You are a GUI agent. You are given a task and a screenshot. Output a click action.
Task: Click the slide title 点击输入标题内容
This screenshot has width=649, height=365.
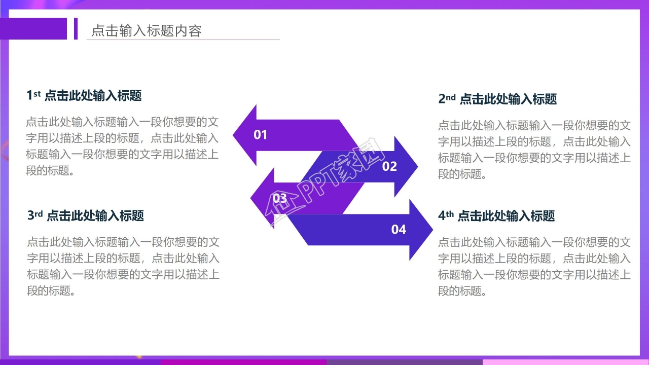146,31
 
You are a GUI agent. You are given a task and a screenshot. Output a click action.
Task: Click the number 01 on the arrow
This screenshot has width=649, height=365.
260,135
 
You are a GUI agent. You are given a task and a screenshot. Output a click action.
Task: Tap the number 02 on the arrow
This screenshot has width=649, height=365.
389,166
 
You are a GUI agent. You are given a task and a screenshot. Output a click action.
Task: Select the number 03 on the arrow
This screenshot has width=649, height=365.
280,198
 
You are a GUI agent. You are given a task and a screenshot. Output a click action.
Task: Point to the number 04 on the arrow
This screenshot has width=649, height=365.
399,230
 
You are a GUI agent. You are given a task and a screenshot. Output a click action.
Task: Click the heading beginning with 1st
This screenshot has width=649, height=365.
84,95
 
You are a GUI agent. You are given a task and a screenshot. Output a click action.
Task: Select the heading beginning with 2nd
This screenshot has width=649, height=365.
497,99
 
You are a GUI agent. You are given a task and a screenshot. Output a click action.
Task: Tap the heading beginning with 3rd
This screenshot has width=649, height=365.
86,215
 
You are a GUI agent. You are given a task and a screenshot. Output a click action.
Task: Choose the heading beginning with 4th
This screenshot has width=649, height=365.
496,216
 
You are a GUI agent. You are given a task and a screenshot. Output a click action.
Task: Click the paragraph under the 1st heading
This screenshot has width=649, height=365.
122,146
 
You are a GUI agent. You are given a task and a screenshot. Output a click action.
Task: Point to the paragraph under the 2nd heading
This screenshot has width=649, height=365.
534,150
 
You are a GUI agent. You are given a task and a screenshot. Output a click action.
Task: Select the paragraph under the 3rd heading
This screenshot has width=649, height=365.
123,266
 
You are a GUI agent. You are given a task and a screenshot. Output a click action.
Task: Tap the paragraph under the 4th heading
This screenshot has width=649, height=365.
534,266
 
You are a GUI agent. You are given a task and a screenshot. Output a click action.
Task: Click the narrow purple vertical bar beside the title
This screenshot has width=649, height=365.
76,28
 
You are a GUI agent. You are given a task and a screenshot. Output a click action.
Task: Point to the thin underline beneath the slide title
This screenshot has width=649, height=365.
183,40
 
